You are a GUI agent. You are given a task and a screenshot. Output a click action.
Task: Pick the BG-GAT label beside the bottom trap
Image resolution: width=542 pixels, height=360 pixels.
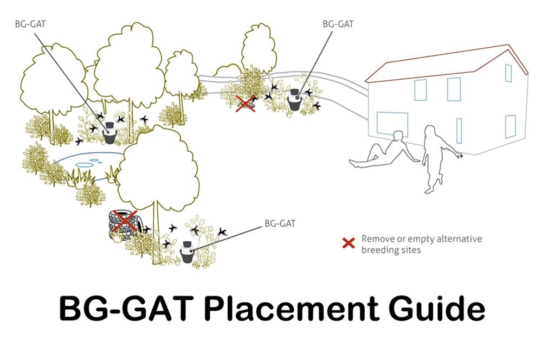click(x=280, y=223)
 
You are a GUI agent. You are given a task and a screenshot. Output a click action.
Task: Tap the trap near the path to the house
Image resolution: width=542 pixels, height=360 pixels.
click(x=294, y=100)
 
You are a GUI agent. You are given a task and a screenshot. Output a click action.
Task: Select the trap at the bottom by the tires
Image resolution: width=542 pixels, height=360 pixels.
click(x=187, y=252)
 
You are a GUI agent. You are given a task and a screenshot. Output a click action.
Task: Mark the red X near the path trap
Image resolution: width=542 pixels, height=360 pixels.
click(x=246, y=102)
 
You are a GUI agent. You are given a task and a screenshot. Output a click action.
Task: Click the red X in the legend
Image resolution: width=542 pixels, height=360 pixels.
click(x=350, y=241)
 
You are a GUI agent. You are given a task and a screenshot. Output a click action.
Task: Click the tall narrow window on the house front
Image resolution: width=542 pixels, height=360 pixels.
click(x=459, y=130)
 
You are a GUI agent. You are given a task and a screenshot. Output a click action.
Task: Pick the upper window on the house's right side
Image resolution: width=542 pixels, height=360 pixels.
click(x=508, y=73)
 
